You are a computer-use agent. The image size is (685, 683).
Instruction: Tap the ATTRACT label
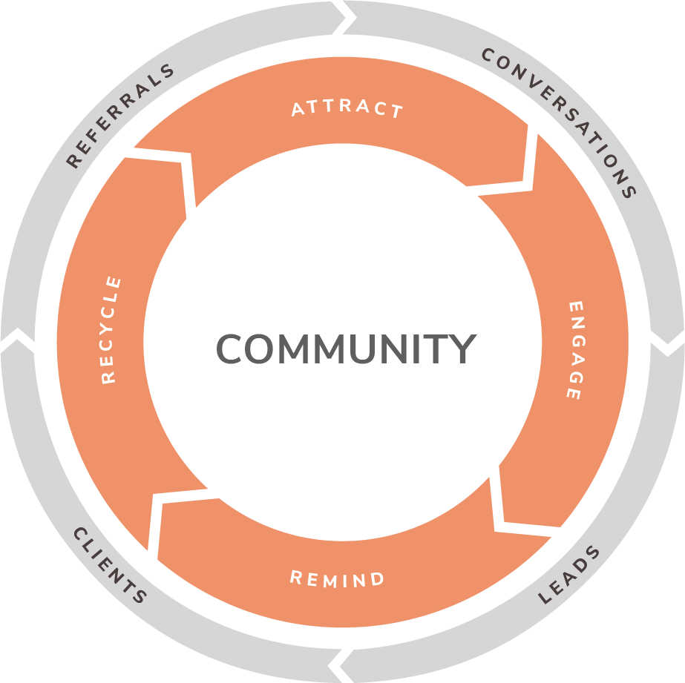tap(347, 108)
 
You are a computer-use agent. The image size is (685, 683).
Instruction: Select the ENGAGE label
tap(574, 350)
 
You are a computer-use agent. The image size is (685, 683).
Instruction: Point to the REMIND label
tap(338, 578)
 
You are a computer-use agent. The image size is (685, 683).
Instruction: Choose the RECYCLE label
tap(110, 329)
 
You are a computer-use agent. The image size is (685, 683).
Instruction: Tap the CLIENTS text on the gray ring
tap(110, 565)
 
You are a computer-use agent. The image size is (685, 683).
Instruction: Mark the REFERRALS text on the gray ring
tap(119, 115)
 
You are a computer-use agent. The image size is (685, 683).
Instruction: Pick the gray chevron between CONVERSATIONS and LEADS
tap(667, 342)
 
